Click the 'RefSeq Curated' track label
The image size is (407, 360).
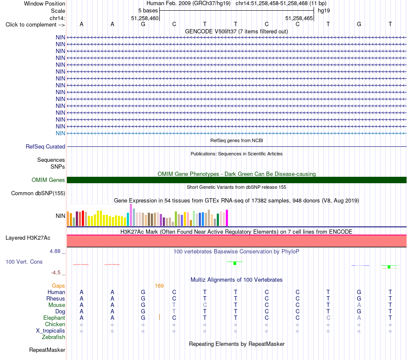click(45, 146)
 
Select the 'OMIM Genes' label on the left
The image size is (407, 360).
click(48, 180)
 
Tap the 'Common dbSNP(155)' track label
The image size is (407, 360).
click(38, 193)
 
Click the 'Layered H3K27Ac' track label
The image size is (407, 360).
click(28, 238)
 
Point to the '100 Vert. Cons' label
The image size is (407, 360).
click(24, 262)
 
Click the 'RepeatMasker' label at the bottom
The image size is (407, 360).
click(47, 350)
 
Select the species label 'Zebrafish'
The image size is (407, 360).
click(54, 337)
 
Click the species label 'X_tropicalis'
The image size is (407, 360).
click(51, 331)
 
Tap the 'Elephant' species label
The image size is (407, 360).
click(54, 318)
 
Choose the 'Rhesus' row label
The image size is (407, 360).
click(56, 298)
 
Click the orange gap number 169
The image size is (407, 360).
click(159, 286)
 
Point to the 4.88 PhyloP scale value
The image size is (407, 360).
click(55, 251)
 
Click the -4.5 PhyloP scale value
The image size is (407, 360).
click(56, 273)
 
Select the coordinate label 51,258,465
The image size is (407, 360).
click(299, 18)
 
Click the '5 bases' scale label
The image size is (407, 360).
click(148, 11)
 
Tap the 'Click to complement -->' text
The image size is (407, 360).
click(35, 25)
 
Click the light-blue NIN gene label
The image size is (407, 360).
click(60, 133)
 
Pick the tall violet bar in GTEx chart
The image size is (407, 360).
click(131, 215)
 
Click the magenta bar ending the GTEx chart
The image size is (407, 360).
click(227, 218)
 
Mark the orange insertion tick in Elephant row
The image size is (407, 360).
click(159, 317)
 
